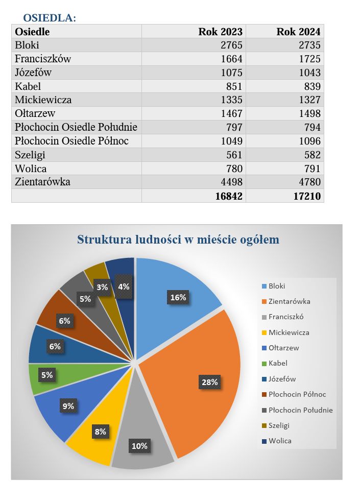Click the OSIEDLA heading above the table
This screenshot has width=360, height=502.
click(50, 18)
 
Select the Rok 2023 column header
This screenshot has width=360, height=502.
click(220, 32)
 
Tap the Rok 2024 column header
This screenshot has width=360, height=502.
click(298, 32)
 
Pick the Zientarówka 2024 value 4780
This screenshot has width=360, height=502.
click(309, 182)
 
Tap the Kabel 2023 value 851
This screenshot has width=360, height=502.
click(234, 86)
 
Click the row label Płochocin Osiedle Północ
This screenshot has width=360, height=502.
click(71, 141)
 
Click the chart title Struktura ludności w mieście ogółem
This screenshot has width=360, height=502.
click(178, 240)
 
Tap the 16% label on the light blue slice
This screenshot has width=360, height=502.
click(178, 297)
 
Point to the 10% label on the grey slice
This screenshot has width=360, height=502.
click(139, 446)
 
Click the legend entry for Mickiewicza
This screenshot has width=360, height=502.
click(289, 332)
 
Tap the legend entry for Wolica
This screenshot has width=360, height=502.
click(280, 441)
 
